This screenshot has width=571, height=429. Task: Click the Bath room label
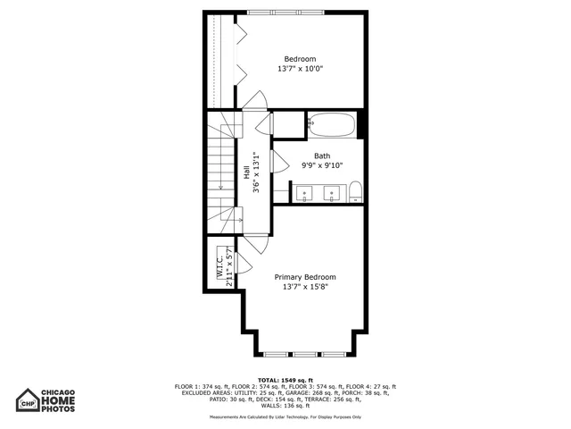point(321,156)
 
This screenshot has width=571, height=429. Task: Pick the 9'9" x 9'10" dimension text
point(321,165)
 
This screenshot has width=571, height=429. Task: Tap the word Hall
point(247,172)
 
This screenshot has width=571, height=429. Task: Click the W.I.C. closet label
point(219,265)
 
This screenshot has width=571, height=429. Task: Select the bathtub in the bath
point(332,124)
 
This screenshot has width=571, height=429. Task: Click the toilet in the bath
point(355,190)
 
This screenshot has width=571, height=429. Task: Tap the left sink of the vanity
point(303,191)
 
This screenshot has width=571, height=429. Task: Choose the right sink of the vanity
point(332,191)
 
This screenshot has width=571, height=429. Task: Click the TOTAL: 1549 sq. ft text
point(287,380)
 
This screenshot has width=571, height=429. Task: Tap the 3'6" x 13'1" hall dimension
point(256,172)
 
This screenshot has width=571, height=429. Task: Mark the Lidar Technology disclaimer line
point(287,416)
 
